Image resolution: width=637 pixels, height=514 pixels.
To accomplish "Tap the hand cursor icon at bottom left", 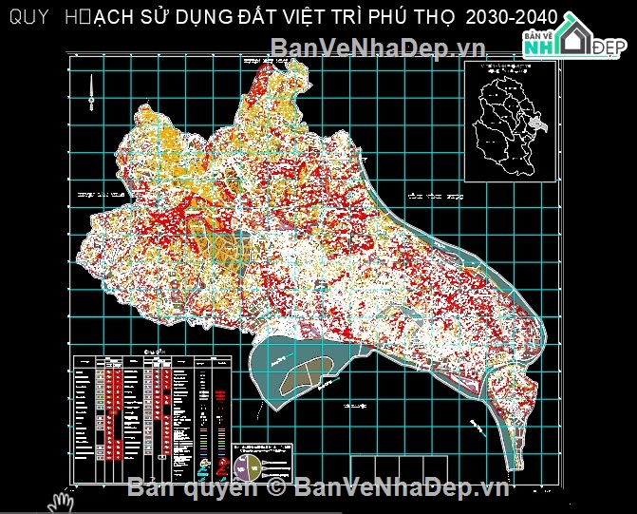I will point(63,500).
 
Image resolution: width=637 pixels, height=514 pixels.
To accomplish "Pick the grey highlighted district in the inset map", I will point(537,124).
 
